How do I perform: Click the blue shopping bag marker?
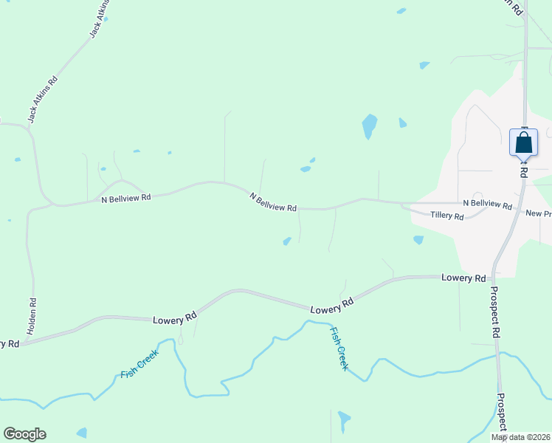pyautogui.click(x=523, y=142)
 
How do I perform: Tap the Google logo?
pyautogui.click(x=24, y=434)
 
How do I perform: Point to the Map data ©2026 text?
pyautogui.click(x=520, y=437)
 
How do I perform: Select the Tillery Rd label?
pyautogui.click(x=448, y=216)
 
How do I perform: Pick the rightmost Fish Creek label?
pyautogui.click(x=339, y=348)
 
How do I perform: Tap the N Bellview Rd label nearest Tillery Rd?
pyautogui.click(x=487, y=204)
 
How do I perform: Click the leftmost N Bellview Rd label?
pyautogui.click(x=125, y=198)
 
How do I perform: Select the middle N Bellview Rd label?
pyautogui.click(x=273, y=202)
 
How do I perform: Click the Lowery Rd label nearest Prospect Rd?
pyautogui.click(x=463, y=278)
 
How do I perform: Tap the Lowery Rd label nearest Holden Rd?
pyautogui.click(x=174, y=319)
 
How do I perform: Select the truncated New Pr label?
pyautogui.click(x=538, y=213)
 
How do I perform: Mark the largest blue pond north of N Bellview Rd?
pyautogui.click(x=369, y=126)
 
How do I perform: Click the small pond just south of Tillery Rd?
pyautogui.click(x=418, y=239)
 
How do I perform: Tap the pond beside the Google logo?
pyautogui.click(x=81, y=433)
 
